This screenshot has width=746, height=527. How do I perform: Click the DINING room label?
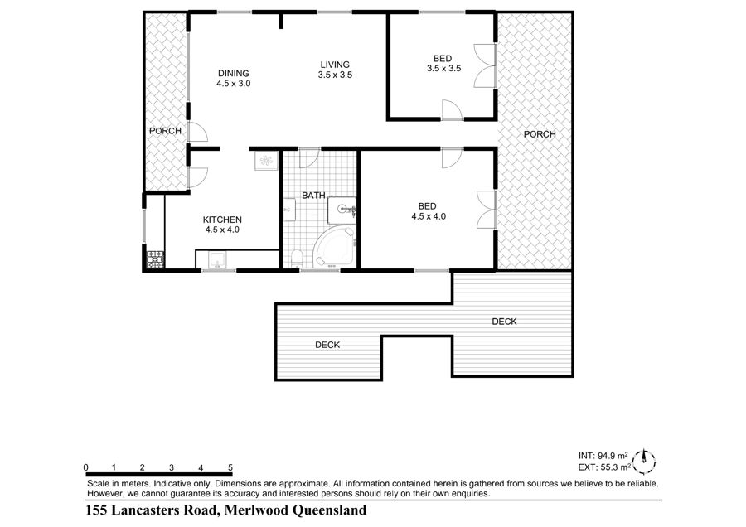tap(234, 73)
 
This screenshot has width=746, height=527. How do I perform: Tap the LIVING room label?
tap(335, 65)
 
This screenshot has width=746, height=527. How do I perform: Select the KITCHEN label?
tap(222, 220)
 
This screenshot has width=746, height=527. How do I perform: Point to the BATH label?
tap(313, 196)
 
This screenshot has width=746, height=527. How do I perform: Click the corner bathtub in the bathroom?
tap(334, 247)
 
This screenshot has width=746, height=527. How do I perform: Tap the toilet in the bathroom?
tap(297, 259)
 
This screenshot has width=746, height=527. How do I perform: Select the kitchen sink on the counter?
tap(218, 259)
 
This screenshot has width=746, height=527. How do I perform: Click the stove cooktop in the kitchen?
tap(155, 259)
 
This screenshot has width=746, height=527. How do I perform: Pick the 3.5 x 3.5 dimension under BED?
tap(444, 69)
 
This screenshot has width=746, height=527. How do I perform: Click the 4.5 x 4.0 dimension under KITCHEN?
tap(222, 230)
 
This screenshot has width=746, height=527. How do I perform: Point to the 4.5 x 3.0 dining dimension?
tap(234, 83)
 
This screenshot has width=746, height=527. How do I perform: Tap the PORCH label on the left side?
tap(165, 131)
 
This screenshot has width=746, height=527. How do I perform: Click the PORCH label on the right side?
tap(540, 134)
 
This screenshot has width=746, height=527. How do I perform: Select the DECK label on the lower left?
tap(327, 345)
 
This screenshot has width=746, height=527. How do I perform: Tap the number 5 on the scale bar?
tap(230, 467)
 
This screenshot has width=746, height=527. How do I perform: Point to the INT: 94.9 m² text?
tap(603, 456)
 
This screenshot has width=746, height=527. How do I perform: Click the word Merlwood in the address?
tap(256, 510)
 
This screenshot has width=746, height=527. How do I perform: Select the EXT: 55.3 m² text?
tap(605, 467)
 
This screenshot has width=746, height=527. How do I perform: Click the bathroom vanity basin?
tap(342, 210)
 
